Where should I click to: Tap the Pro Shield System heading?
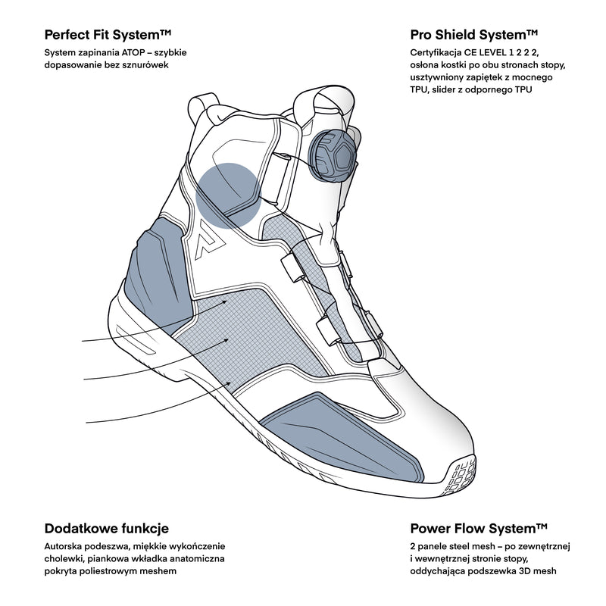(474, 35)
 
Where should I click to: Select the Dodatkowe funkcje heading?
(107, 528)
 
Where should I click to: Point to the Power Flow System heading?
(478, 528)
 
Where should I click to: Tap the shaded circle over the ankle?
(229, 195)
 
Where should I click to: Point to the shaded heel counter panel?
(155, 265)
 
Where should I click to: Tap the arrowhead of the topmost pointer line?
(226, 301)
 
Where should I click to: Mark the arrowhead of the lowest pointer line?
(232, 384)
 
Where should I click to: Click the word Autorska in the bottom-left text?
(67, 546)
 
